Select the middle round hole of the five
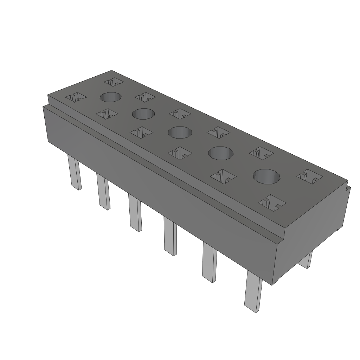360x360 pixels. point(180,133)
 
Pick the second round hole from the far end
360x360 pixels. point(143,114)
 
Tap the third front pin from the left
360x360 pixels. point(135,213)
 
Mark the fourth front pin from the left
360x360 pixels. point(170,236)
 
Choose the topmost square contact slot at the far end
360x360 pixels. point(114,82)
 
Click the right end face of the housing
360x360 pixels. point(313,229)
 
